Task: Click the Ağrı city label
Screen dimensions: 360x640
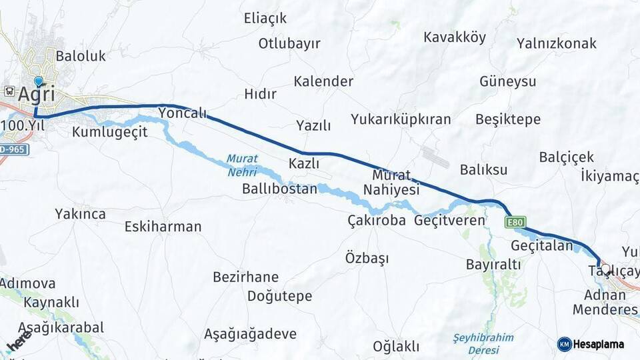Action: (36, 95)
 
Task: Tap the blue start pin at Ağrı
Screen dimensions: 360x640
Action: (38, 82)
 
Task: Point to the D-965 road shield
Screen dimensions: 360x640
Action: (13, 149)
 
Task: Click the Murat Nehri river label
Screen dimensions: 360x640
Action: (241, 165)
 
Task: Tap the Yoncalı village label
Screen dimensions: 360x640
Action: (183, 113)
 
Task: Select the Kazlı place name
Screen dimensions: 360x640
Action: (304, 163)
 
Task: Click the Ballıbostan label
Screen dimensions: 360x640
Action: (279, 189)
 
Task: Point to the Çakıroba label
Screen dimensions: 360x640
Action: (376, 220)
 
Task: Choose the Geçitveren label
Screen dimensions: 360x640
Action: (450, 220)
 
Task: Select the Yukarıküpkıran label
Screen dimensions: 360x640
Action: (401, 119)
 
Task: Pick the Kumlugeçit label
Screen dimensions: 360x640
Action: (110, 131)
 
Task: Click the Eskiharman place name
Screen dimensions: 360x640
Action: (163, 227)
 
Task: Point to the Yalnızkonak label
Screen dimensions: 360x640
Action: (557, 43)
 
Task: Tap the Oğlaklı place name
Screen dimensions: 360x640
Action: (396, 347)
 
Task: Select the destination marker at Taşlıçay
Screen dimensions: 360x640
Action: (605, 269)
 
